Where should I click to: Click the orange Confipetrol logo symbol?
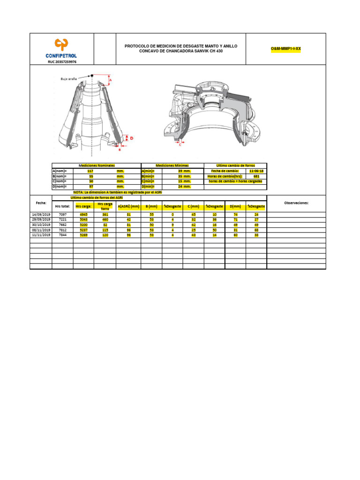tap(62, 44)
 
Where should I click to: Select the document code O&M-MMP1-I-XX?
tap(285, 49)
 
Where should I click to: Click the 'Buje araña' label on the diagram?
tap(68, 79)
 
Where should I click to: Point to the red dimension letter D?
tap(132, 138)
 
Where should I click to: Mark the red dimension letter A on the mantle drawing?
tap(111, 81)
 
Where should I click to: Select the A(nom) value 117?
tap(90, 171)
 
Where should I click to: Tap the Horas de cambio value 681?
tap(256, 176)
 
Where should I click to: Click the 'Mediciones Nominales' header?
tap(97, 165)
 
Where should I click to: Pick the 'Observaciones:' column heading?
tap(296, 203)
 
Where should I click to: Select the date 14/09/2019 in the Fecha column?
tap(41, 214)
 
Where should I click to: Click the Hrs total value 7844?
tap(62, 235)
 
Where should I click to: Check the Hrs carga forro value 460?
tap(105, 219)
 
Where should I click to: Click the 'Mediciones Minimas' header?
tap(172, 165)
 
